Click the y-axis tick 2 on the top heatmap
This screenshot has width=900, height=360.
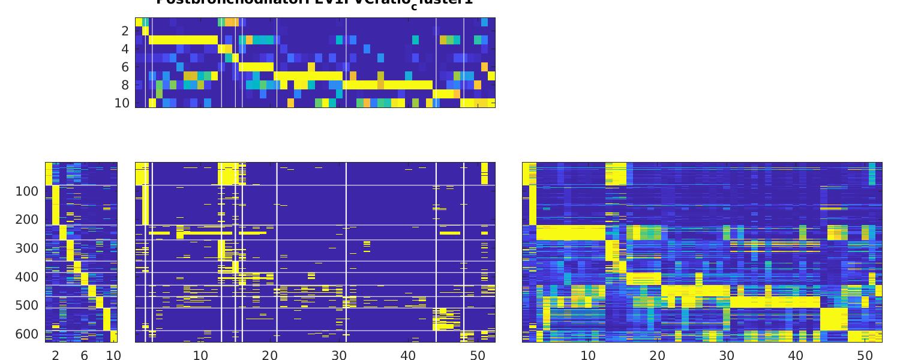(125, 31)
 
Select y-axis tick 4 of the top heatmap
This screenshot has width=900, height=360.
(125, 49)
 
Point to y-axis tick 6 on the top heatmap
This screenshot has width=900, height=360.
(125, 67)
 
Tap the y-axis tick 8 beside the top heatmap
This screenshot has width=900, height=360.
(125, 85)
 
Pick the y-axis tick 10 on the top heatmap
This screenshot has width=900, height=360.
(122, 103)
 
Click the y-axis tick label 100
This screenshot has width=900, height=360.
(26, 191)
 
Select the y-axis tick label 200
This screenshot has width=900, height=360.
(26, 220)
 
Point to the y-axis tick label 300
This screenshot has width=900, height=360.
(26, 248)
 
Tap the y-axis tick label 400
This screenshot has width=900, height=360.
(26, 277)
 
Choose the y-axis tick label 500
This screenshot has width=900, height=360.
(26, 305)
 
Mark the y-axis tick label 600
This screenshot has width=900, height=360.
(26, 334)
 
